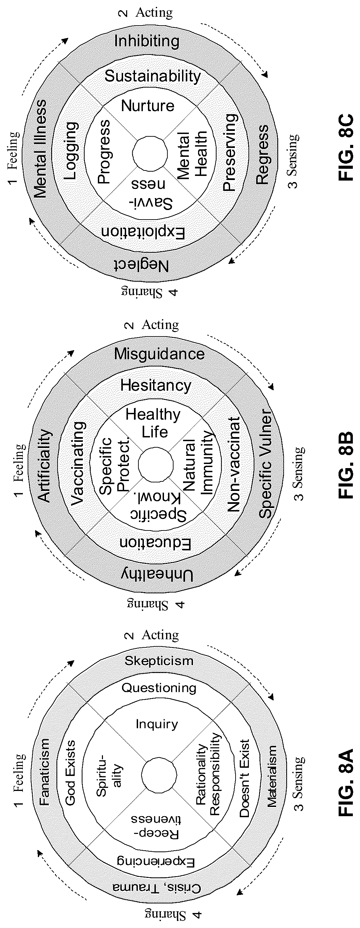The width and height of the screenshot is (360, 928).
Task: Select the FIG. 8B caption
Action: (x=345, y=465)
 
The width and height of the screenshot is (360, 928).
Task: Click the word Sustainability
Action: (x=152, y=76)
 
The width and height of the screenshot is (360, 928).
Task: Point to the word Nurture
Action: (x=148, y=106)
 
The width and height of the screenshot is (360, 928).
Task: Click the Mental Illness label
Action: (x=41, y=149)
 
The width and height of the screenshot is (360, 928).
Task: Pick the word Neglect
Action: (x=141, y=266)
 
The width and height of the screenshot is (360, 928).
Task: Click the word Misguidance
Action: (x=159, y=354)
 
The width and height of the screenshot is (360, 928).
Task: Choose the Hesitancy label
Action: (x=156, y=386)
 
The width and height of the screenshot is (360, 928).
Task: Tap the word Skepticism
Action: (x=159, y=661)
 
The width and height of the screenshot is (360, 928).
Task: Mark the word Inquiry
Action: (x=157, y=724)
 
